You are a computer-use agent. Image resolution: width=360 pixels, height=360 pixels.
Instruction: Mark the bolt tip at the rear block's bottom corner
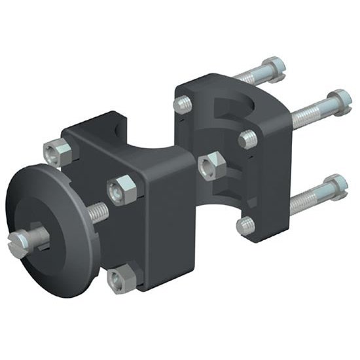(245, 225)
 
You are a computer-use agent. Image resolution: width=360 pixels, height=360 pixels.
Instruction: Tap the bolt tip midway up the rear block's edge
(247, 138)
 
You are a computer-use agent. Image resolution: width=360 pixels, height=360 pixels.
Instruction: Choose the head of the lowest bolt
(335, 185)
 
